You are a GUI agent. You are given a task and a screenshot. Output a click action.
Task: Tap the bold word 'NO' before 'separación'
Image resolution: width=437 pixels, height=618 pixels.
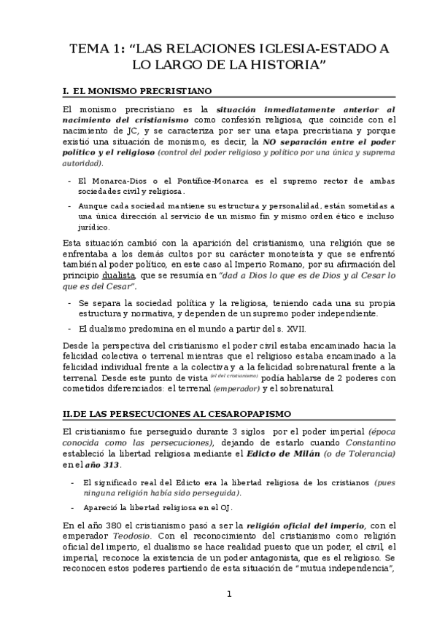(x=269, y=141)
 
